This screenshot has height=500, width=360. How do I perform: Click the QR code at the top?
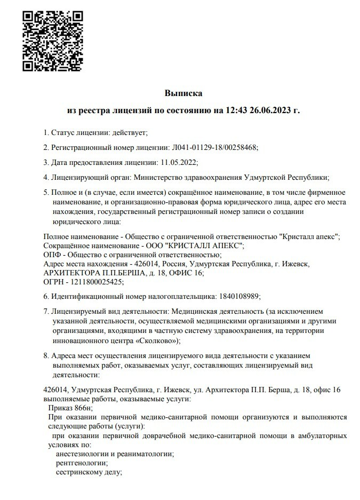tap(52, 40)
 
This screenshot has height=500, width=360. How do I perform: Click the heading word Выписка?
tap(183, 93)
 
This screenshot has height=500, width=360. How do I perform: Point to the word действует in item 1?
tap(128, 132)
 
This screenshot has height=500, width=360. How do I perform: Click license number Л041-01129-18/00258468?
tap(215, 147)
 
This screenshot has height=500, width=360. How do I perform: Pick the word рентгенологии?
tap(81, 463)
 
